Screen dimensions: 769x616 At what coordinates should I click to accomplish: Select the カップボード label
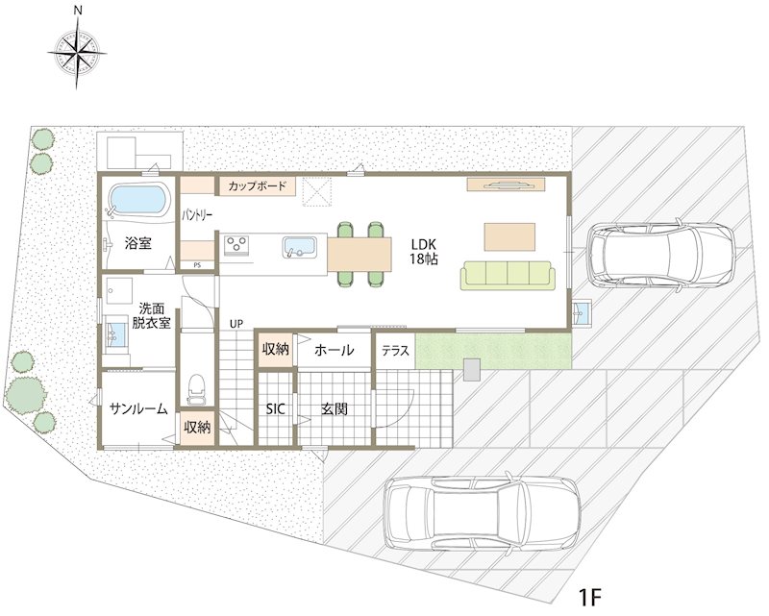click(x=257, y=186)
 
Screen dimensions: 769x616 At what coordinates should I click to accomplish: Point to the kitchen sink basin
click(x=300, y=247)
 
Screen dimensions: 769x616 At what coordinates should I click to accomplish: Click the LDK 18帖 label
click(x=424, y=251)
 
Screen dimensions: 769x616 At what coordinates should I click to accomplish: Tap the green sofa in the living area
click(x=508, y=276)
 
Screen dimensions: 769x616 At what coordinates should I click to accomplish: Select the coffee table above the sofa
click(x=509, y=236)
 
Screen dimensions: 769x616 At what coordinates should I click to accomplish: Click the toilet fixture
click(x=197, y=390)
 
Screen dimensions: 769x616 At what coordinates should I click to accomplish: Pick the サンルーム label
click(x=138, y=408)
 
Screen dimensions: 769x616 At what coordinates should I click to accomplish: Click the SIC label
click(x=275, y=409)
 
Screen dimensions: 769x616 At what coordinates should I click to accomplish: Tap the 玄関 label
click(x=334, y=409)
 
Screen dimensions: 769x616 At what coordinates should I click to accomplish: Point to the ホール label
click(x=334, y=350)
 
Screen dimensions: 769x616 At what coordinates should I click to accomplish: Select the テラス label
click(x=395, y=351)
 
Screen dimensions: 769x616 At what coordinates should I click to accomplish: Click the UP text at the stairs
click(x=236, y=324)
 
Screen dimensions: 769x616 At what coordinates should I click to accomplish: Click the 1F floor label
click(x=589, y=598)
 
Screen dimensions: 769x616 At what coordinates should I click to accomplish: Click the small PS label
click(x=197, y=265)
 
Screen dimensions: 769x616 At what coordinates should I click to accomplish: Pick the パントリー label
click(x=197, y=215)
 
